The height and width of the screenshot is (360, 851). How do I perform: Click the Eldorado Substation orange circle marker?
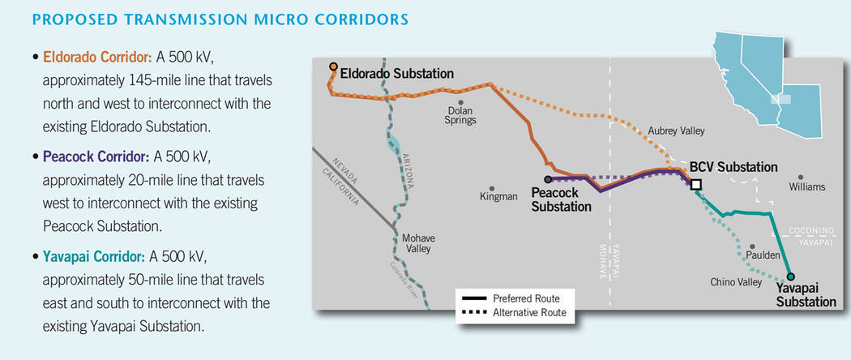point(333,66)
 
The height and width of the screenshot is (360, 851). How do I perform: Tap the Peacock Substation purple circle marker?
point(548,179)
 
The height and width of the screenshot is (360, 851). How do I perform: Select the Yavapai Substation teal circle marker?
point(790,276)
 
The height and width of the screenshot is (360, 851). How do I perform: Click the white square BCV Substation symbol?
point(696,185)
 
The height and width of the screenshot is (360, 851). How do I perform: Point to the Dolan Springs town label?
point(460,115)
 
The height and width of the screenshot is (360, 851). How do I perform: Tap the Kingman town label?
point(498,196)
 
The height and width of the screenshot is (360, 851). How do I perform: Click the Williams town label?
point(807,186)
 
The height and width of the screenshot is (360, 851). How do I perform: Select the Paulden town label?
point(763,255)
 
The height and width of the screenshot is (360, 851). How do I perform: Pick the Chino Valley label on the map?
point(736,282)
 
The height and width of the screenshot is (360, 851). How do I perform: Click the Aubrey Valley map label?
point(676,131)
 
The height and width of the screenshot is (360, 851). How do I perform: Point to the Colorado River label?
point(404,280)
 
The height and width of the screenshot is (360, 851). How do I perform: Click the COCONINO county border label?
point(811,231)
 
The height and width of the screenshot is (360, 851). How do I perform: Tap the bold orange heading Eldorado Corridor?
point(98,57)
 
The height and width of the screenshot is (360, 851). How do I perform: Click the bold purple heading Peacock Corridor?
point(96,157)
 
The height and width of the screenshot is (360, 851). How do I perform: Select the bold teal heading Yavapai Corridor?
point(94,256)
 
